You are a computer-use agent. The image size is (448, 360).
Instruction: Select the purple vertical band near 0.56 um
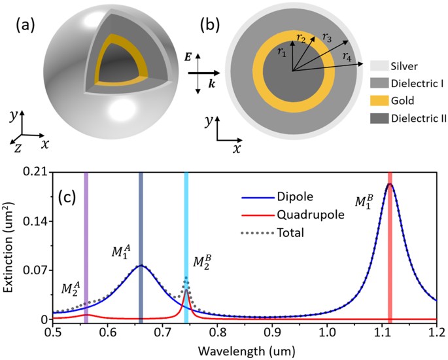pos(86,245)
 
